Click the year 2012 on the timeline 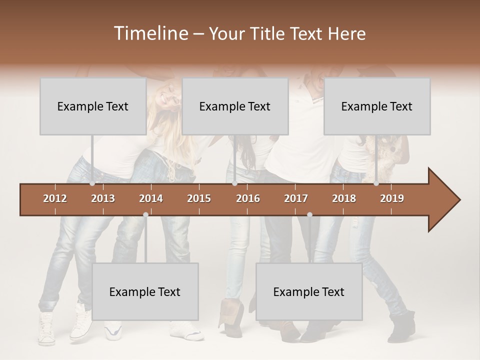pyautogui.click(x=55, y=198)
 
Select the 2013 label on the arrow pyautogui.click(x=103, y=198)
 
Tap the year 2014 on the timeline pyautogui.click(x=151, y=198)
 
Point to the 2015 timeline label pyautogui.click(x=199, y=198)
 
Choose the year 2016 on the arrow pyautogui.click(x=248, y=198)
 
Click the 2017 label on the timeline pyautogui.click(x=296, y=198)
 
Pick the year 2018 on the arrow pyautogui.click(x=344, y=198)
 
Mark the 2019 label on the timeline pyautogui.click(x=392, y=198)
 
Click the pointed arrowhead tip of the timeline pyautogui.click(x=459, y=200)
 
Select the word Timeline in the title pyautogui.click(x=150, y=33)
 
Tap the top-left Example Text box pyautogui.click(x=93, y=106)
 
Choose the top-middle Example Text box pyautogui.click(x=235, y=106)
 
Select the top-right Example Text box pyautogui.click(x=377, y=106)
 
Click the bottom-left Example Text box pyautogui.click(x=145, y=291)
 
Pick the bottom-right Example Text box pyautogui.click(x=309, y=291)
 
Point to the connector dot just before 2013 pyautogui.click(x=92, y=183)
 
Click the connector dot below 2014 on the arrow pyautogui.click(x=145, y=214)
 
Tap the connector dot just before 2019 pyautogui.click(x=376, y=183)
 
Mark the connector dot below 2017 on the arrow pyautogui.click(x=309, y=214)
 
